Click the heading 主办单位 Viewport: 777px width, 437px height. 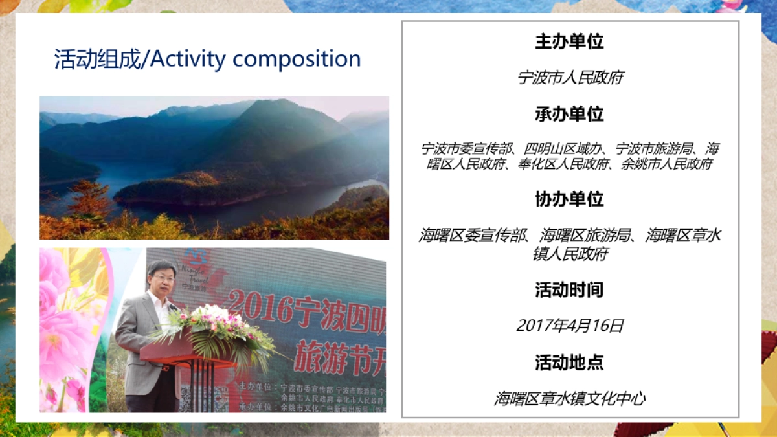[569, 42]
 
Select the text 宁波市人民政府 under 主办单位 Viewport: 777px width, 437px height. [570, 78]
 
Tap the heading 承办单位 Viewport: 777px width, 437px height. [569, 115]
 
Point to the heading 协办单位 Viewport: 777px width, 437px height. [569, 199]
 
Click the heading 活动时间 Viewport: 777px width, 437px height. [569, 290]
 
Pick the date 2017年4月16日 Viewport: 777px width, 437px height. [570, 326]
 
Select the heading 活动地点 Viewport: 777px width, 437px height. [569, 362]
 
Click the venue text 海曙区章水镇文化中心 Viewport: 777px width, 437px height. [570, 398]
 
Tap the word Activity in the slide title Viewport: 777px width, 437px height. [188, 60]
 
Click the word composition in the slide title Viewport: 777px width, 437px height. [297, 60]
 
